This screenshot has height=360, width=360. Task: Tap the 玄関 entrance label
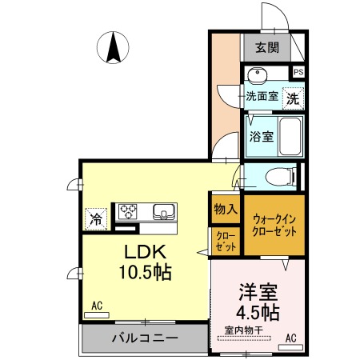point(267,47)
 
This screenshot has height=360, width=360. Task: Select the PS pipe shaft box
point(298,72)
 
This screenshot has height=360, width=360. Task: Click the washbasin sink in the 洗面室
point(257,78)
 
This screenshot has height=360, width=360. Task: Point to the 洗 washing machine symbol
point(294,99)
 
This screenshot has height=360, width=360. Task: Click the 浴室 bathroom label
point(261,136)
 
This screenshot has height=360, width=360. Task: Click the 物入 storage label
point(226,210)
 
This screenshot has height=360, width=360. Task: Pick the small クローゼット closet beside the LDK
point(224,241)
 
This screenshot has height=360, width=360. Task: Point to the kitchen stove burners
point(129,211)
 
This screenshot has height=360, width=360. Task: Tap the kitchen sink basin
point(164,212)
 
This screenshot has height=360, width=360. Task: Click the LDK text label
point(144,250)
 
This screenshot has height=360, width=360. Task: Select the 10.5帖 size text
point(144,270)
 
